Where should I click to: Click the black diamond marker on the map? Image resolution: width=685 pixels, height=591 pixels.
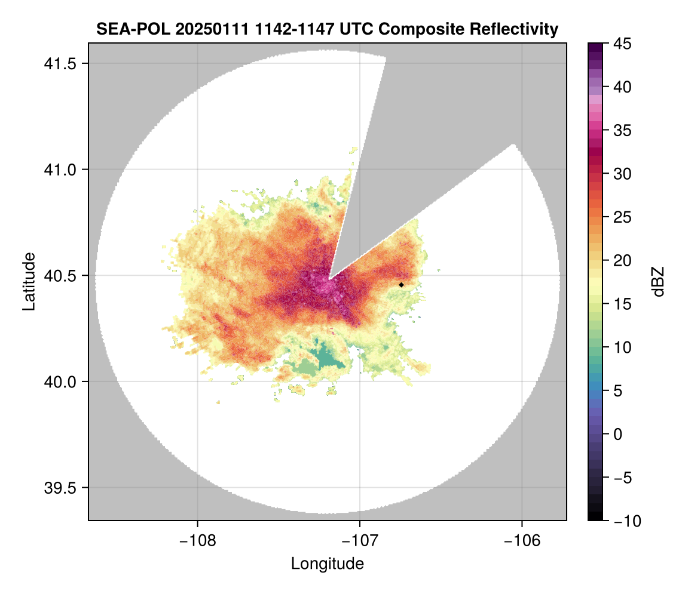[x=402, y=285]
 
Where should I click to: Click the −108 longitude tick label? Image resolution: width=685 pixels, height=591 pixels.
[x=197, y=540]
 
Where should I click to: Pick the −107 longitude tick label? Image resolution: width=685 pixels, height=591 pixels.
[x=360, y=540]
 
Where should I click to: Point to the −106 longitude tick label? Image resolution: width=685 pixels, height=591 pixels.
[x=522, y=540]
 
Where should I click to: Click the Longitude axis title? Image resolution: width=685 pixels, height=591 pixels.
[x=327, y=564]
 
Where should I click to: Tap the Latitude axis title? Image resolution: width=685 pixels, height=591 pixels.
[x=29, y=281]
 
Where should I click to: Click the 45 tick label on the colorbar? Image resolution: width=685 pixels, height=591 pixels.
[x=622, y=44]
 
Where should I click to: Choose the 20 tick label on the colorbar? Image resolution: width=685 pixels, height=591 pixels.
[x=622, y=261]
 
